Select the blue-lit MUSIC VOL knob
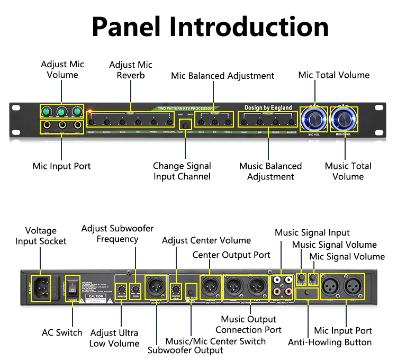345,119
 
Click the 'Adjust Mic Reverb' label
131,70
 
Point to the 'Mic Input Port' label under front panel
62,166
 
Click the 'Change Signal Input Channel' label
182,171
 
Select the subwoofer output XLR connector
157,287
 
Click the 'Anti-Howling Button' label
330,342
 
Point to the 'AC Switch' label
62,332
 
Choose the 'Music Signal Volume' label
335,245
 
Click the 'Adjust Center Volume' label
206,241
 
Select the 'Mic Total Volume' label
333,75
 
